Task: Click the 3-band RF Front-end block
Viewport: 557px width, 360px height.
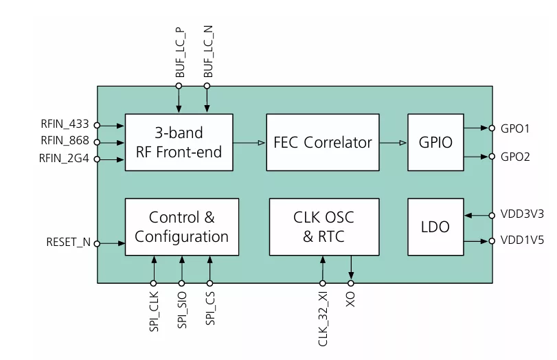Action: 178,142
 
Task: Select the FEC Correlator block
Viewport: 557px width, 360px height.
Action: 323,142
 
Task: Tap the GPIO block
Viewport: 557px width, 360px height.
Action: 435,142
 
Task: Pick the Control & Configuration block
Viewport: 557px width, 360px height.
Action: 181,227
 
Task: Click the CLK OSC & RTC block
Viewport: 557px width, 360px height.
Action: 323,227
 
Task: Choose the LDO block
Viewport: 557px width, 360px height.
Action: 435,227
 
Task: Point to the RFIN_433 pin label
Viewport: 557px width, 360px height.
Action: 65,125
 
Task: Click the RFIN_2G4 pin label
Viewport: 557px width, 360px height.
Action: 65,159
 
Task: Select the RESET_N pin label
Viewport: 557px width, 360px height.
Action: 68,243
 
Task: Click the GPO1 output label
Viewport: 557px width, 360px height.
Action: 515,128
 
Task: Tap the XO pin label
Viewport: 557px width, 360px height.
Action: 352,300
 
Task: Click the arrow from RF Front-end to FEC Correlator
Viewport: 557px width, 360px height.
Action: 249,143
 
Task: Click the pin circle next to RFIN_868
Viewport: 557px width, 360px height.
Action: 97,143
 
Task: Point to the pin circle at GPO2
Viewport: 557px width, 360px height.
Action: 492,157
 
